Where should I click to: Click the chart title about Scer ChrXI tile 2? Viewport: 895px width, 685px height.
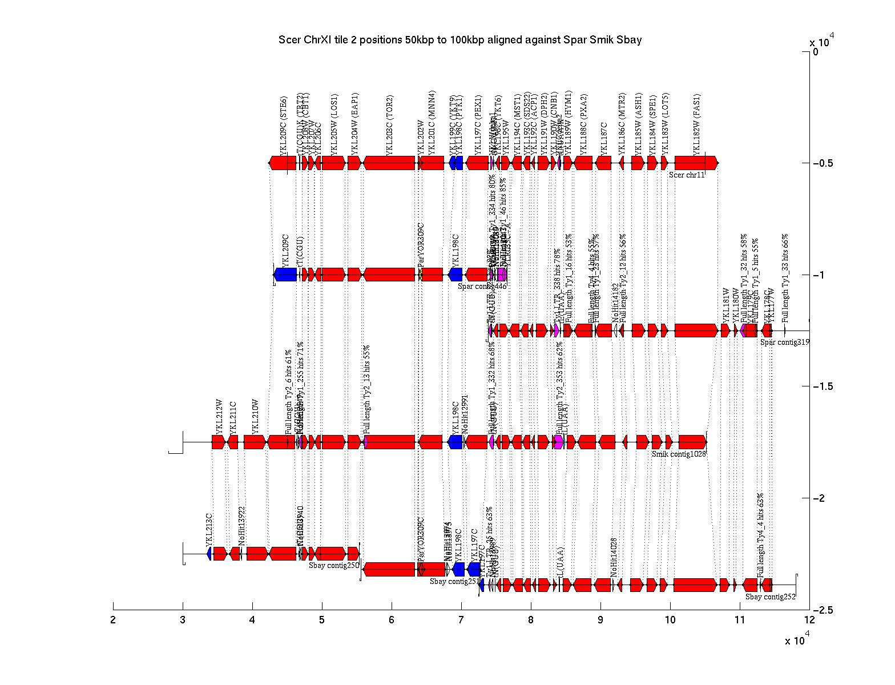459,40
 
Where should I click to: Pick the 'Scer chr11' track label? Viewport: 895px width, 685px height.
687,175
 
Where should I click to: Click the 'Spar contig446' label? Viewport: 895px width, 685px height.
482,286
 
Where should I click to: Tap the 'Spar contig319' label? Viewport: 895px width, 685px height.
785,342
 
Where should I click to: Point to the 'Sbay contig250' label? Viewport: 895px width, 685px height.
334,565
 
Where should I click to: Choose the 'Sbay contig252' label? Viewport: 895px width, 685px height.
770,597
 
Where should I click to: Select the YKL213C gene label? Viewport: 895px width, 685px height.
209,529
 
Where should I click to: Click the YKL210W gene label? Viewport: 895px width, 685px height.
255,417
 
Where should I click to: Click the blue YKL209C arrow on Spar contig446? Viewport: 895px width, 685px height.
285,275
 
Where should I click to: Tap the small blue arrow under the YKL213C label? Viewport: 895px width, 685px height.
209,554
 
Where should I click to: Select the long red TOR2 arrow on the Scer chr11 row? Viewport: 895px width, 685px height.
389,163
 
